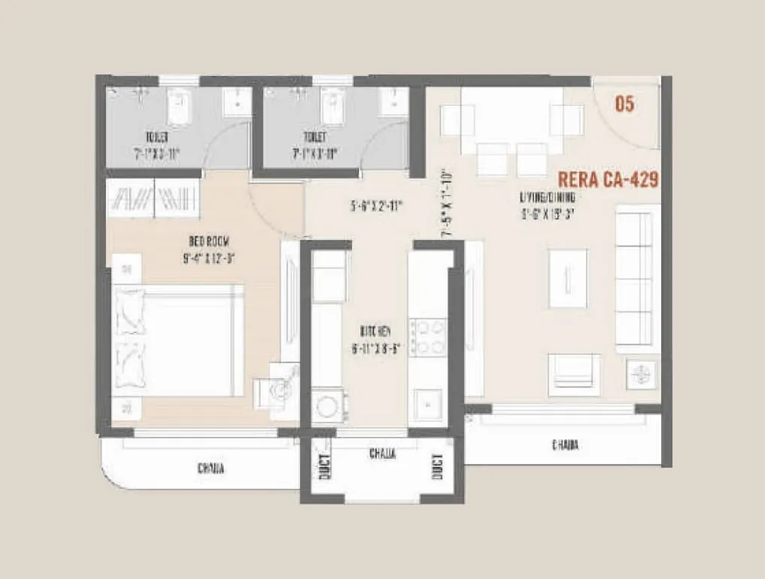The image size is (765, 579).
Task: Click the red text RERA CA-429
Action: tap(609, 180)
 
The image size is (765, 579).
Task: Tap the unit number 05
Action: tap(624, 105)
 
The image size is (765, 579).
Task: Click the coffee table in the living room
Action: tap(568, 278)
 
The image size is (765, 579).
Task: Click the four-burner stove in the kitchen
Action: tap(428, 337)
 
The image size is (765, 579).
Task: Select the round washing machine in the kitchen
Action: tap(326, 407)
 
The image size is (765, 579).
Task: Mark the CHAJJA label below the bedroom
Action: tap(211, 468)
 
